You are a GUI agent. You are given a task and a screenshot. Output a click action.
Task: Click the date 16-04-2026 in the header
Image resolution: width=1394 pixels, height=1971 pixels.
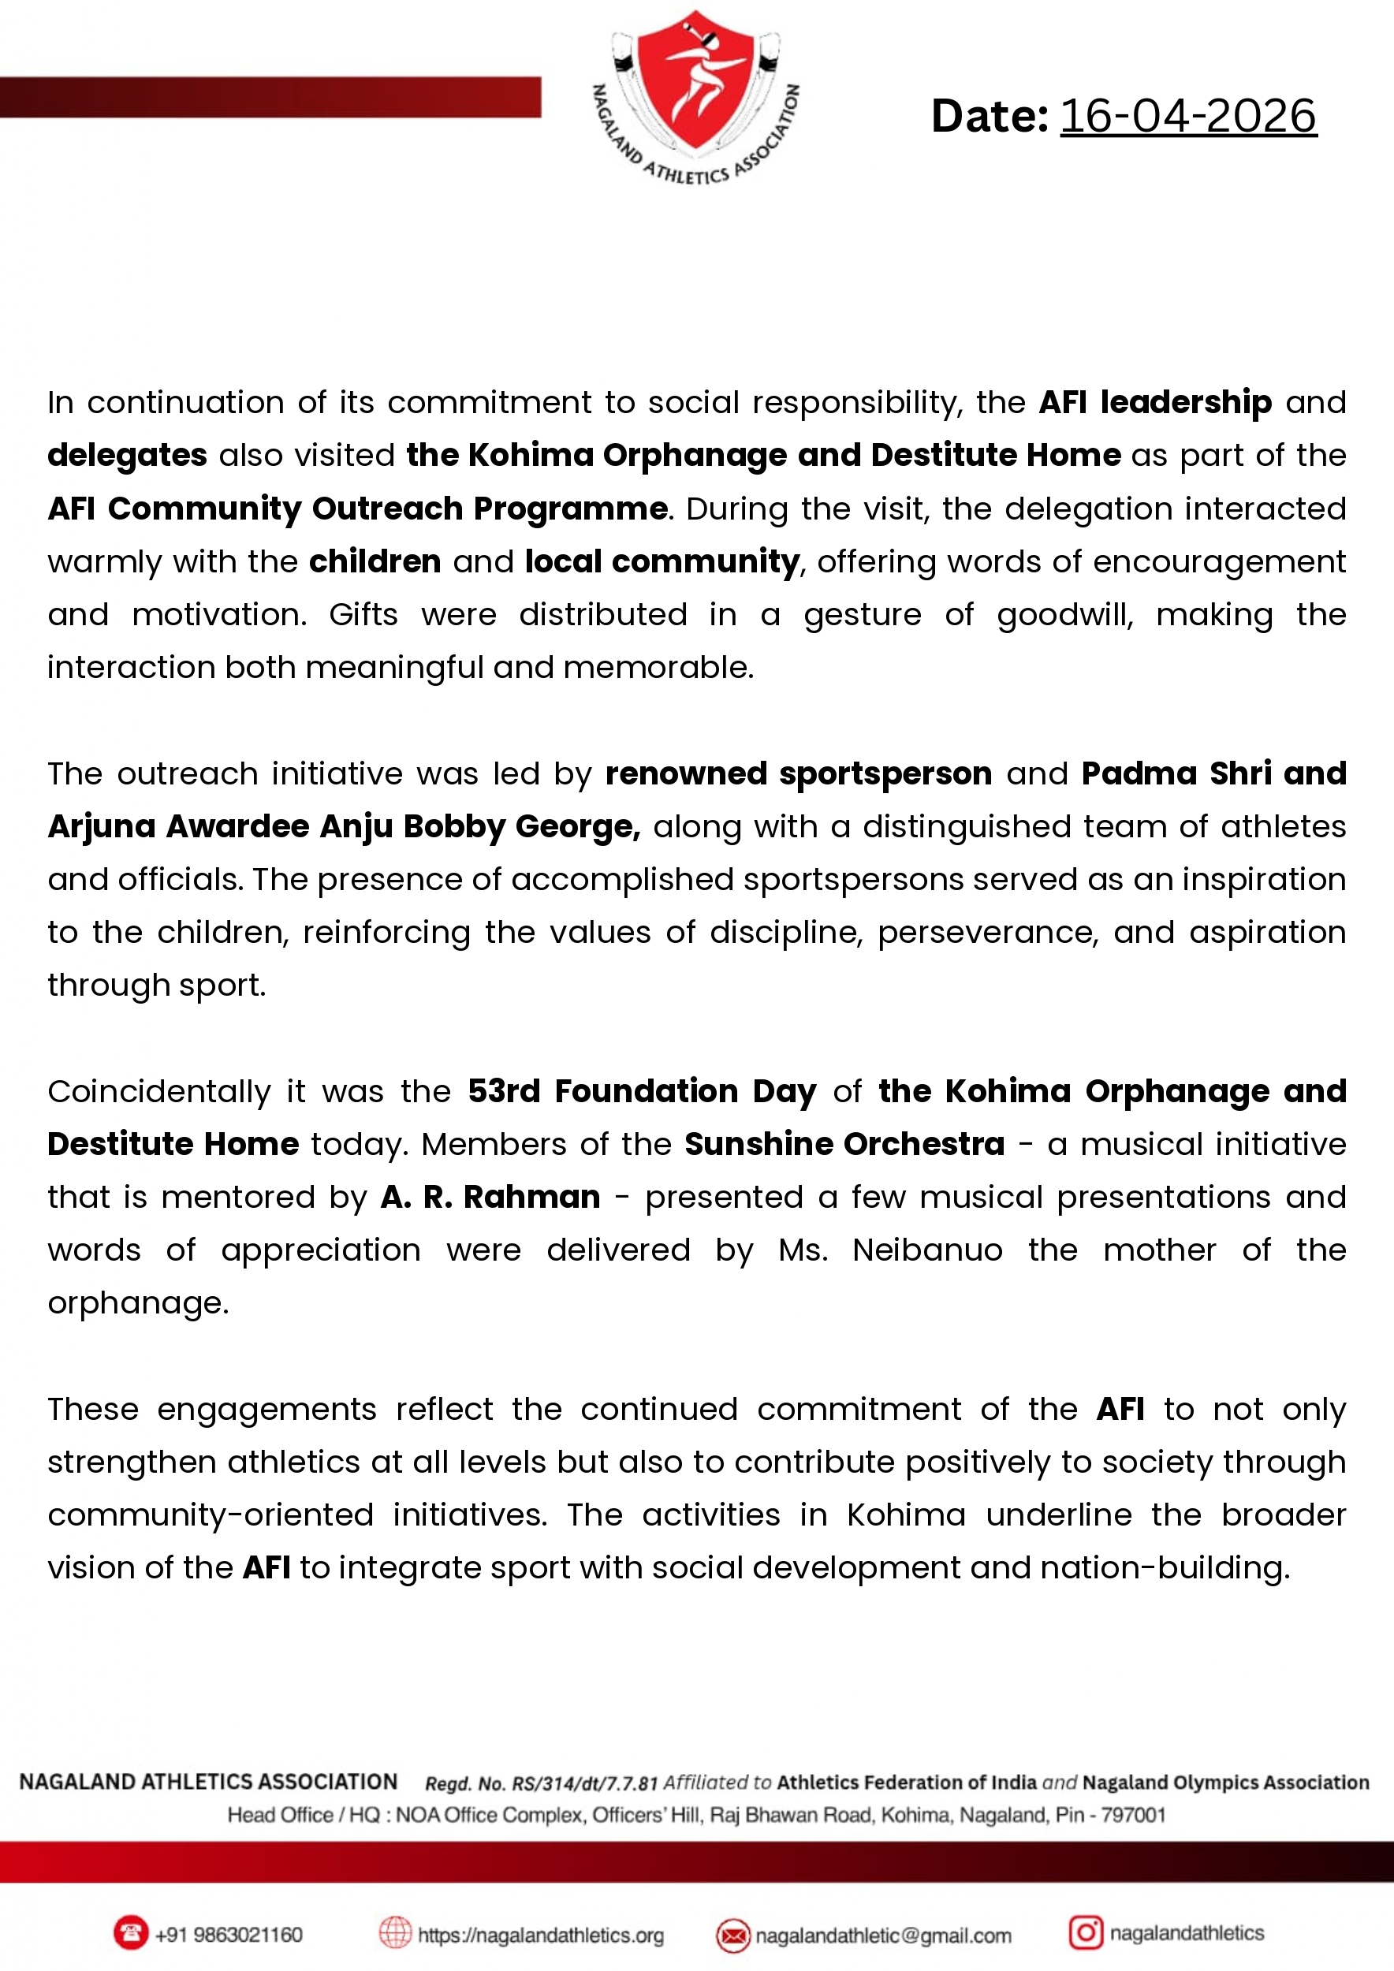coord(1187,116)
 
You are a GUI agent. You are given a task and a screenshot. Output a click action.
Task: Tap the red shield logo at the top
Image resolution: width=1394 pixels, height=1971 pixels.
coord(695,81)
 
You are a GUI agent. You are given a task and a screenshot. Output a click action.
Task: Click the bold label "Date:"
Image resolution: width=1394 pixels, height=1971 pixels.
coord(989,116)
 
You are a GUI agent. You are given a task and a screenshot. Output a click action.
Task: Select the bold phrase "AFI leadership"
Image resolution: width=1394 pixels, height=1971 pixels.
coord(1154,402)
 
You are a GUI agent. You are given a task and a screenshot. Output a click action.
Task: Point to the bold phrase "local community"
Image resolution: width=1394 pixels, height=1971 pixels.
coord(662,561)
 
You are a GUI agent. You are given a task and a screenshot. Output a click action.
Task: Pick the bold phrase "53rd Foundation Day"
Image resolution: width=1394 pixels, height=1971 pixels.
coord(642,1091)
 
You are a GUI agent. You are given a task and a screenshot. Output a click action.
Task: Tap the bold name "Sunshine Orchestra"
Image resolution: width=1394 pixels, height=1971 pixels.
coord(844,1144)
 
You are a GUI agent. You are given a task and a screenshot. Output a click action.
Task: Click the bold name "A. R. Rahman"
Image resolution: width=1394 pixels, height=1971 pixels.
coord(490,1197)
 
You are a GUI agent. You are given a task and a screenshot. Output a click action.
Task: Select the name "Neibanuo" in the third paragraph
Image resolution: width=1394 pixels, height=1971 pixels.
coord(927,1250)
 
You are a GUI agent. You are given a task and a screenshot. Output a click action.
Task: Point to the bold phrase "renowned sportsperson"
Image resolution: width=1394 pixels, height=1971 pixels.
coord(798,773)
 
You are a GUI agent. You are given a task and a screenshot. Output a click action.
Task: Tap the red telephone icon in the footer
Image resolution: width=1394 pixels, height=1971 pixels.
coord(130,1933)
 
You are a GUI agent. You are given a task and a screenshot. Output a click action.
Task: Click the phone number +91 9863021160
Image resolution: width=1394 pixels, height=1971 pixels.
coord(229,1935)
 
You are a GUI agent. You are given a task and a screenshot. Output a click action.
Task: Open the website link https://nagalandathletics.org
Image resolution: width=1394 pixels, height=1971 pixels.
coord(541,1936)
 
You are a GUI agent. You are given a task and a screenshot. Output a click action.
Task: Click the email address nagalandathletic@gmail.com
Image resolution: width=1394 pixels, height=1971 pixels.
coord(883,1936)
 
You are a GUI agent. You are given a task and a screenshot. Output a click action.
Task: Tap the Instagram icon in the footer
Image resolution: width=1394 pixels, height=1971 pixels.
coord(1085,1932)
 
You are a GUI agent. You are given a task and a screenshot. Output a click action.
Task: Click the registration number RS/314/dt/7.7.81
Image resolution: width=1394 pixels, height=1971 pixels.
coord(584,1784)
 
